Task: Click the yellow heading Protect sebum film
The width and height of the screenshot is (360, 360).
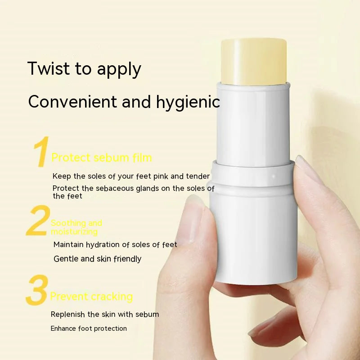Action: coord(102,157)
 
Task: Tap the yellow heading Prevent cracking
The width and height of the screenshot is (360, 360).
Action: coord(91,297)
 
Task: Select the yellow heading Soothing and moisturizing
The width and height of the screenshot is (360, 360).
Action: coord(76,227)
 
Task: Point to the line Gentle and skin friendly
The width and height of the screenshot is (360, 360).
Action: coord(97,259)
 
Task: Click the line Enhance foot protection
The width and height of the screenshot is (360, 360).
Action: coord(89,328)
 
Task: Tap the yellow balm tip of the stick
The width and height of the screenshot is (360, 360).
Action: coord(254,61)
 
